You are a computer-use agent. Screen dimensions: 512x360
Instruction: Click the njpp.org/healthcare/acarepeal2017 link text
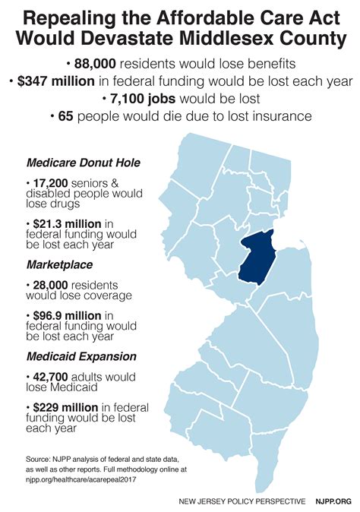(83, 480)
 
